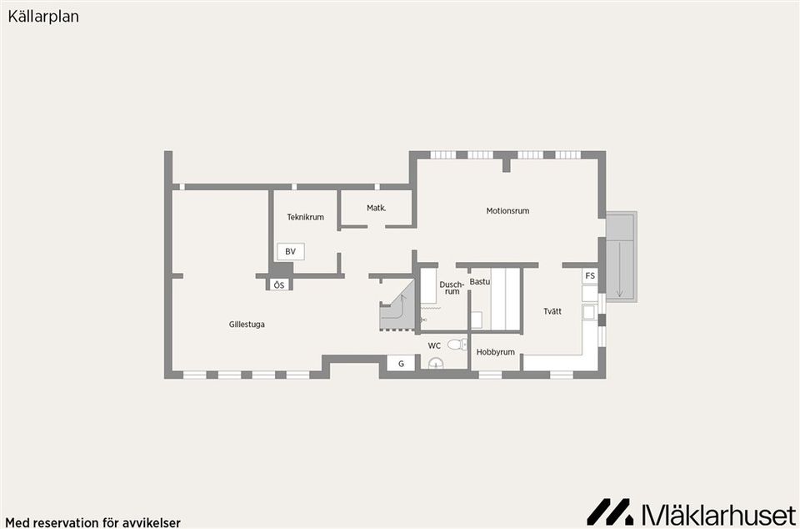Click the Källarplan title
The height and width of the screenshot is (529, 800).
click(x=43, y=17)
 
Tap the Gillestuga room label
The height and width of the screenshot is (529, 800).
click(x=247, y=325)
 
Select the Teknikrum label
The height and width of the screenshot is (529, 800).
click(x=305, y=217)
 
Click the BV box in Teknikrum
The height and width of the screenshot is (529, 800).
click(x=290, y=251)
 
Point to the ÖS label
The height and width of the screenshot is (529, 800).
click(x=279, y=285)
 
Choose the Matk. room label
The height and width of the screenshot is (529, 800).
click(x=376, y=208)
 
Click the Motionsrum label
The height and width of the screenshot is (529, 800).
click(x=507, y=211)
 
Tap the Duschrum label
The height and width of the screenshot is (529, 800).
click(x=452, y=288)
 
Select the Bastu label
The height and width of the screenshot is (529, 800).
click(x=479, y=282)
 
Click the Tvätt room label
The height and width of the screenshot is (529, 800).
click(x=552, y=311)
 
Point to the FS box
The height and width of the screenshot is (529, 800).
click(x=590, y=276)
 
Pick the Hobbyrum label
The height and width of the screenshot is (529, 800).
click(x=495, y=352)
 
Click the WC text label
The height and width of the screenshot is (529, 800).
click(x=434, y=345)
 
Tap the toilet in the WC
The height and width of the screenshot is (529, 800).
click(x=457, y=344)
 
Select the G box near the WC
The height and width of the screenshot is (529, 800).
click(x=401, y=364)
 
